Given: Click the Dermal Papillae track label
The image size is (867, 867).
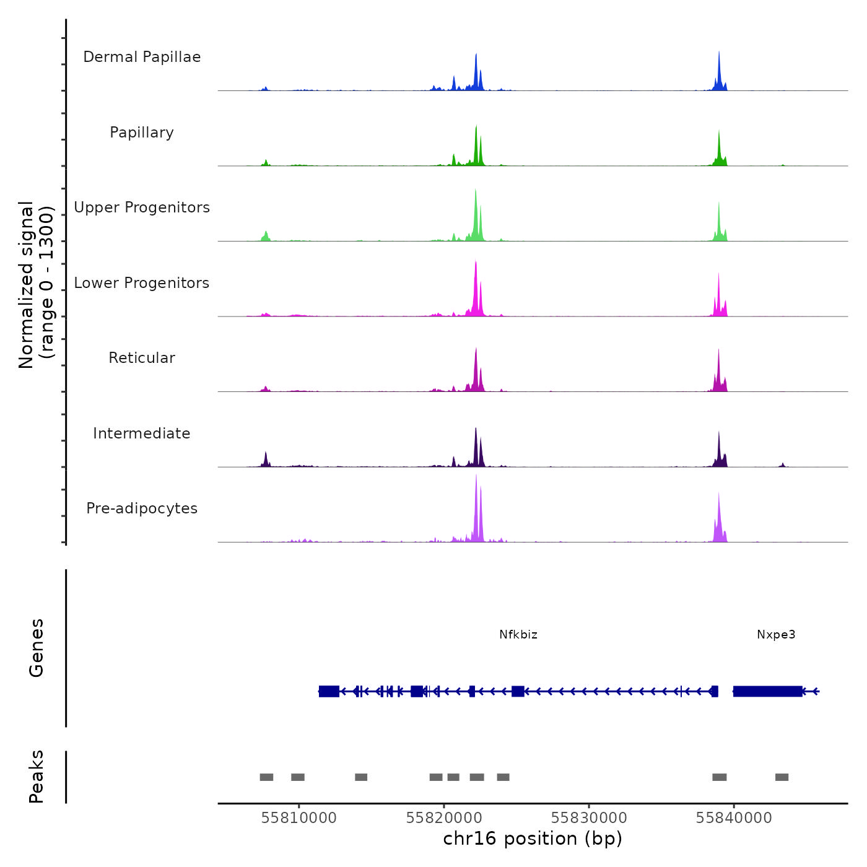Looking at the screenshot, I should [x=142, y=57].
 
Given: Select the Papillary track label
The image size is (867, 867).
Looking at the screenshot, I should [x=142, y=133].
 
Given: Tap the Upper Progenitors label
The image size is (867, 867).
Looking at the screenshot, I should [x=142, y=207].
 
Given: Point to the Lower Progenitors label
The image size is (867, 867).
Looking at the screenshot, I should [x=142, y=283].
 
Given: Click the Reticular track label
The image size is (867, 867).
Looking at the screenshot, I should [x=142, y=358].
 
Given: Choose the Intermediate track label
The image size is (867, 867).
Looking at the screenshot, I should [x=142, y=434].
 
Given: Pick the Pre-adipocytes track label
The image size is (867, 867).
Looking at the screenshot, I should [x=142, y=508].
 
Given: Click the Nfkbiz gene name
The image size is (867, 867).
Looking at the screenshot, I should [x=518, y=635].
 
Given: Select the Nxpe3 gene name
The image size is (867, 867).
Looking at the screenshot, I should [x=776, y=635].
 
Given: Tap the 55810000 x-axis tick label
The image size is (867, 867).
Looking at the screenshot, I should [x=299, y=818].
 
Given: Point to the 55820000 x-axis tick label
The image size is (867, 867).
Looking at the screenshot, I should [x=444, y=818].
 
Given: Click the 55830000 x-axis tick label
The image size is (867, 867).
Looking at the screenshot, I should [x=589, y=818].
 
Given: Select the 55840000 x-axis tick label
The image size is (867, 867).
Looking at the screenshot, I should [x=734, y=818].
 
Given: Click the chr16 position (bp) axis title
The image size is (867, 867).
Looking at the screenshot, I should [x=533, y=839].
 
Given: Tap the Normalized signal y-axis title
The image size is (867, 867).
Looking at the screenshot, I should [x=36, y=285].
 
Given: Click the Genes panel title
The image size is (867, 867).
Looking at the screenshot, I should [x=37, y=648].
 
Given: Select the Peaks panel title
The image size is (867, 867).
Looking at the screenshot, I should [x=37, y=777].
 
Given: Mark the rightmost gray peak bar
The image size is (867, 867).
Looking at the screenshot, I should [x=782, y=777].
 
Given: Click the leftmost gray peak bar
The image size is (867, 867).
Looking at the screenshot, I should [x=266, y=777].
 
